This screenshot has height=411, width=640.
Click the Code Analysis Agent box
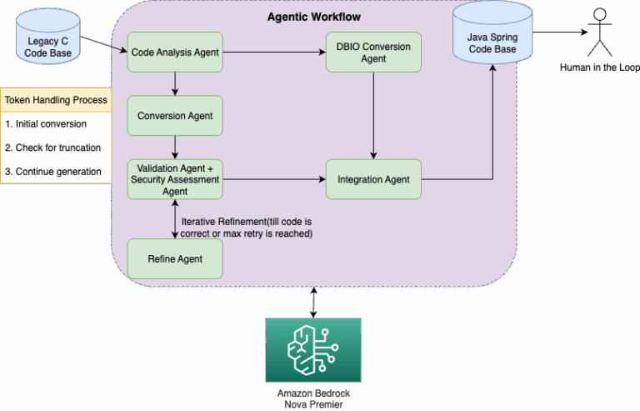(175, 53)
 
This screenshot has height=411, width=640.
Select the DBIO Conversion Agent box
(373, 53)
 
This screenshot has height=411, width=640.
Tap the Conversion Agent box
(175, 116)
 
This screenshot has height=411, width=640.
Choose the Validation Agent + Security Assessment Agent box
(175, 179)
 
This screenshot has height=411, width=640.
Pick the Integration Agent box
(373, 179)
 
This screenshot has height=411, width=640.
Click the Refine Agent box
(175, 258)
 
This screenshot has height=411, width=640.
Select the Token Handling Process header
(56, 100)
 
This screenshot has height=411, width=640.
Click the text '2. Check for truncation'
(52, 148)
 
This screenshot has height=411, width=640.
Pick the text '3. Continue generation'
(52, 171)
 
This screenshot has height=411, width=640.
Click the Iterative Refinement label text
(246, 227)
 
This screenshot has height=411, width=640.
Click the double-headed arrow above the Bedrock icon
(313, 302)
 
